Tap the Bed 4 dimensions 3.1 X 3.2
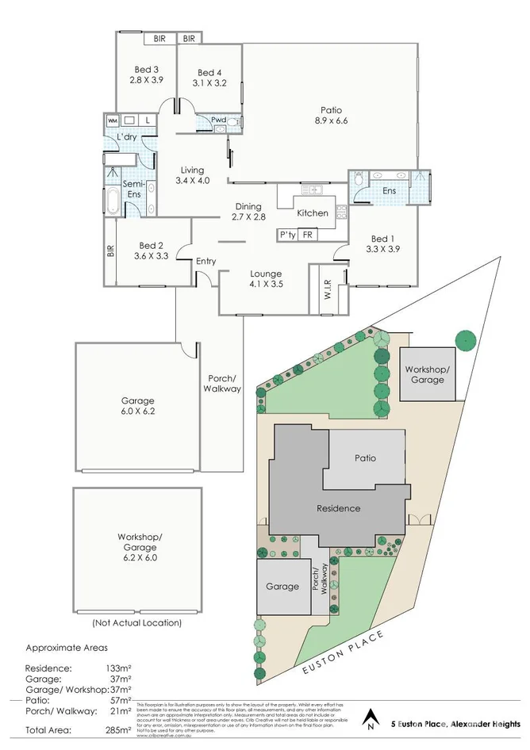coord(209,82)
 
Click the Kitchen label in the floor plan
coord(312,213)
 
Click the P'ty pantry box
coord(286,235)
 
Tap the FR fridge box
coord(307,235)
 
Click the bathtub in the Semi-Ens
coord(113,201)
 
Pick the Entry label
coord(205,262)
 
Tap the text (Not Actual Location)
coord(136,622)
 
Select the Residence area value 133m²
coord(120,668)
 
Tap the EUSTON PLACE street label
coord(344,653)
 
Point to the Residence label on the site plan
coord(339,508)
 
